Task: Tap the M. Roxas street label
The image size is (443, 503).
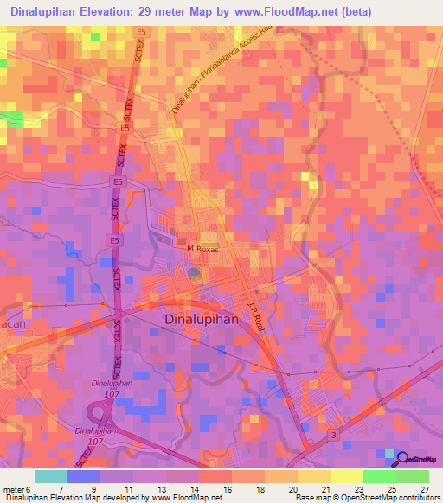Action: (204, 248)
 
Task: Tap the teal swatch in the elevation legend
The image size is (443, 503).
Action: (51, 476)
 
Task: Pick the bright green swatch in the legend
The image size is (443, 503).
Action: (380, 476)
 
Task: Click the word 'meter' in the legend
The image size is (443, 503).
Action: (13, 488)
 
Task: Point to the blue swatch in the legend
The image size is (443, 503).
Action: (84, 476)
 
